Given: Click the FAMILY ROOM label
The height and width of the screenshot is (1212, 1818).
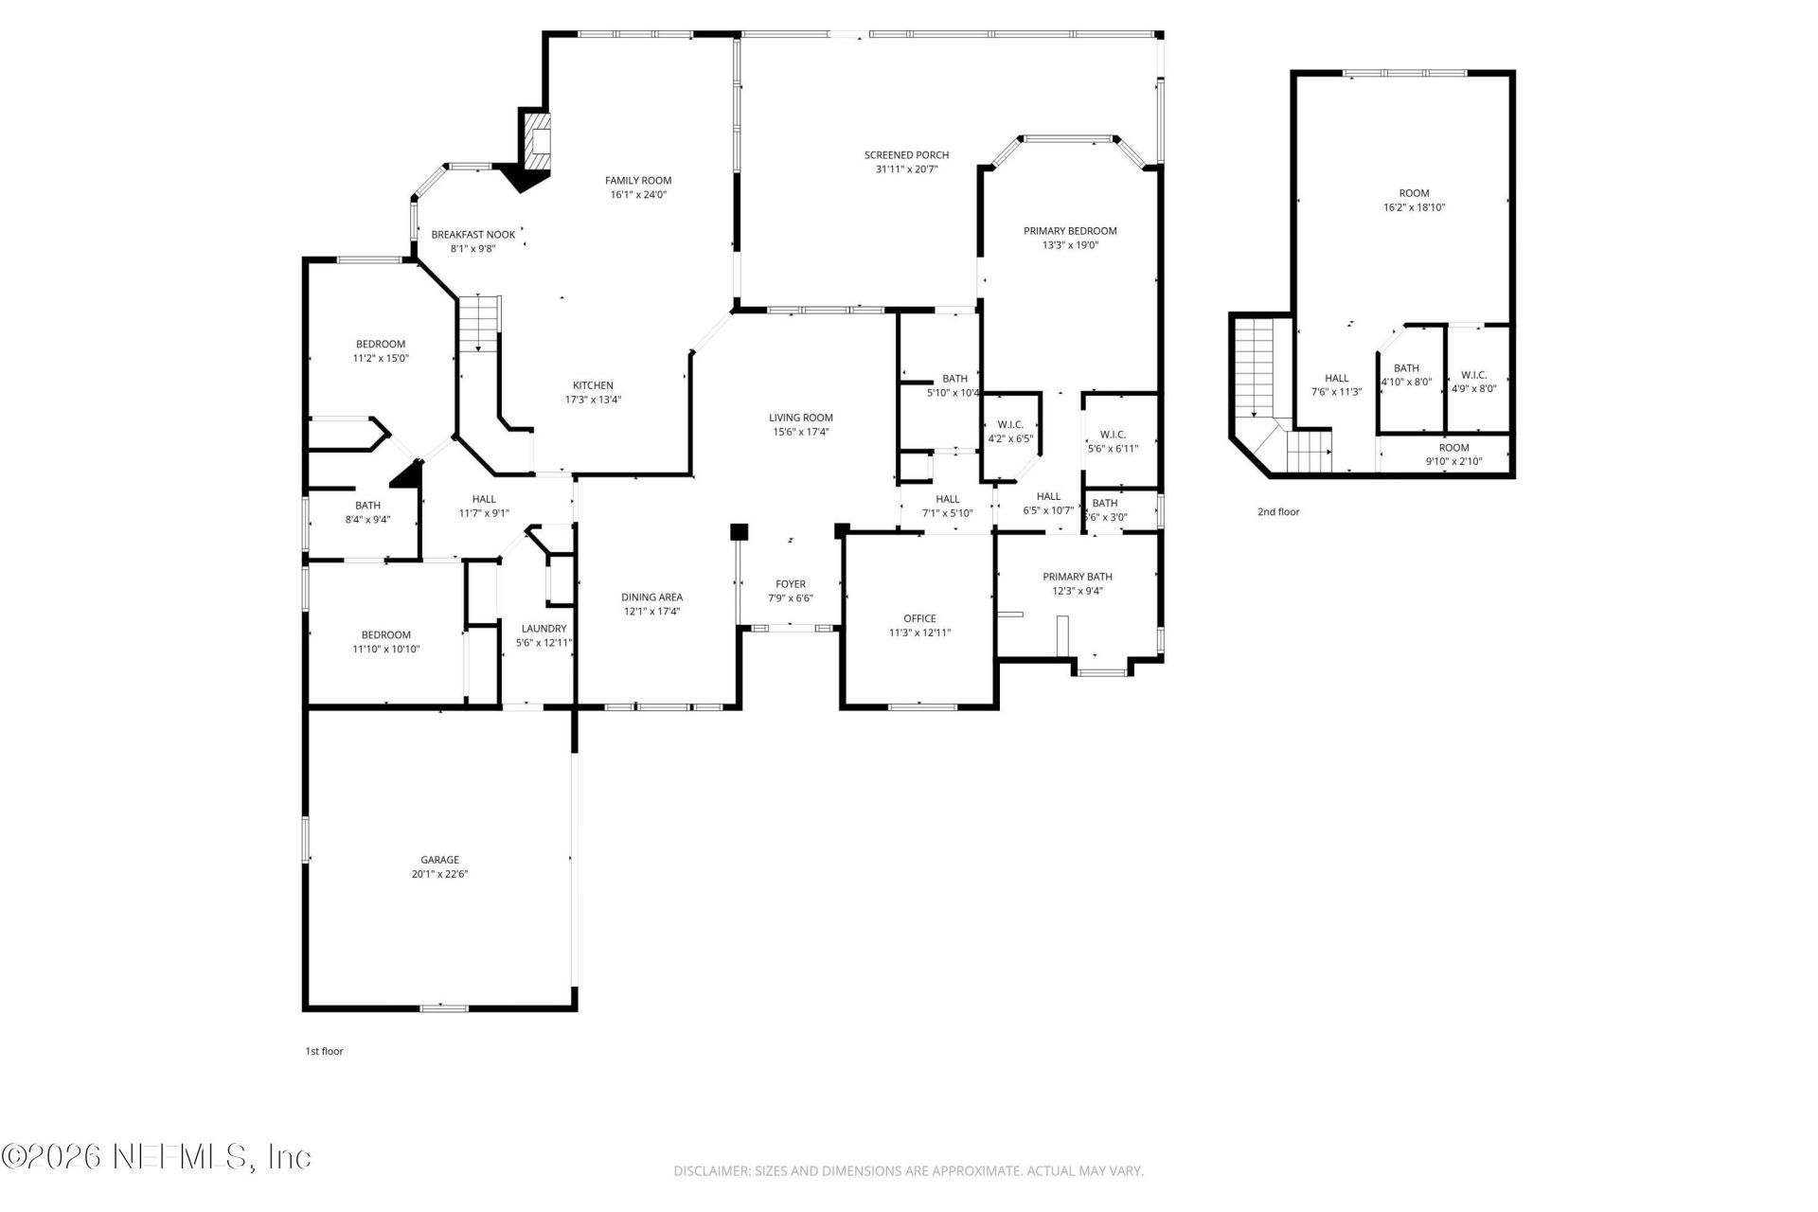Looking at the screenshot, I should coord(638,180).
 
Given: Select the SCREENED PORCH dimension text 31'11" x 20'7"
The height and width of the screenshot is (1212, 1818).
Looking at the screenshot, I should coord(906,169).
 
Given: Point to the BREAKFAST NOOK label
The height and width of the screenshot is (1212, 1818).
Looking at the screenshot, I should coord(473,234).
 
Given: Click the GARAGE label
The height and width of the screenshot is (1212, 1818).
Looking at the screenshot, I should coord(439,860).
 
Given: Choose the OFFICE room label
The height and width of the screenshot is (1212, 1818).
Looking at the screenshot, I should coord(919,618).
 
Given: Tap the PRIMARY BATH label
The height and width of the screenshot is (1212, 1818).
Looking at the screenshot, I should coord(1078,577).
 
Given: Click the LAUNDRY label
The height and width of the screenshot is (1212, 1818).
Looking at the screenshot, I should coord(544,629).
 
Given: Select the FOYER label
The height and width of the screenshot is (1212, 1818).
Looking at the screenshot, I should coord(791,584).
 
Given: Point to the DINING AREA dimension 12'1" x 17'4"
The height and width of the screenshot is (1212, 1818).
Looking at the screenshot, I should coord(651,612).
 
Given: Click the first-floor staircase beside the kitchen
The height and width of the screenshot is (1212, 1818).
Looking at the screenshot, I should coord(479,322).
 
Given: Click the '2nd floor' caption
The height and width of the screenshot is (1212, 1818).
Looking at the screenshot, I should coord(1278,512).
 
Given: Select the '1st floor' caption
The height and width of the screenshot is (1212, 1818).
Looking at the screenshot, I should coord(324,1051).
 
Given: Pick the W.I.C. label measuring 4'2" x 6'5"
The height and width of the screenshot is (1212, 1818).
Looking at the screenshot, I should coord(1010,425).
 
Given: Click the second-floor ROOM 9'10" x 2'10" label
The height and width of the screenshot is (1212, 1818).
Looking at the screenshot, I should coord(1454,448).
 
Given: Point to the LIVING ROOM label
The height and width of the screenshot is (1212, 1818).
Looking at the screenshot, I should coord(800,418).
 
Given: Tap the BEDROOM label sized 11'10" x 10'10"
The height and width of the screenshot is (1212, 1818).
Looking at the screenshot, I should coord(385,635).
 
